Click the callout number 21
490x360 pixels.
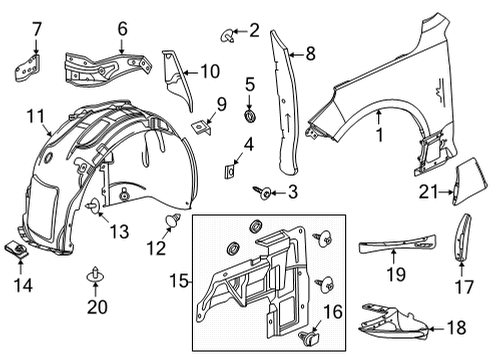pyautogui.click(x=429, y=192)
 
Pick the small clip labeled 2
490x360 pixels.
pyautogui.click(x=223, y=38)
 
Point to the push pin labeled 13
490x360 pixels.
pyautogui.click(x=94, y=207)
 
